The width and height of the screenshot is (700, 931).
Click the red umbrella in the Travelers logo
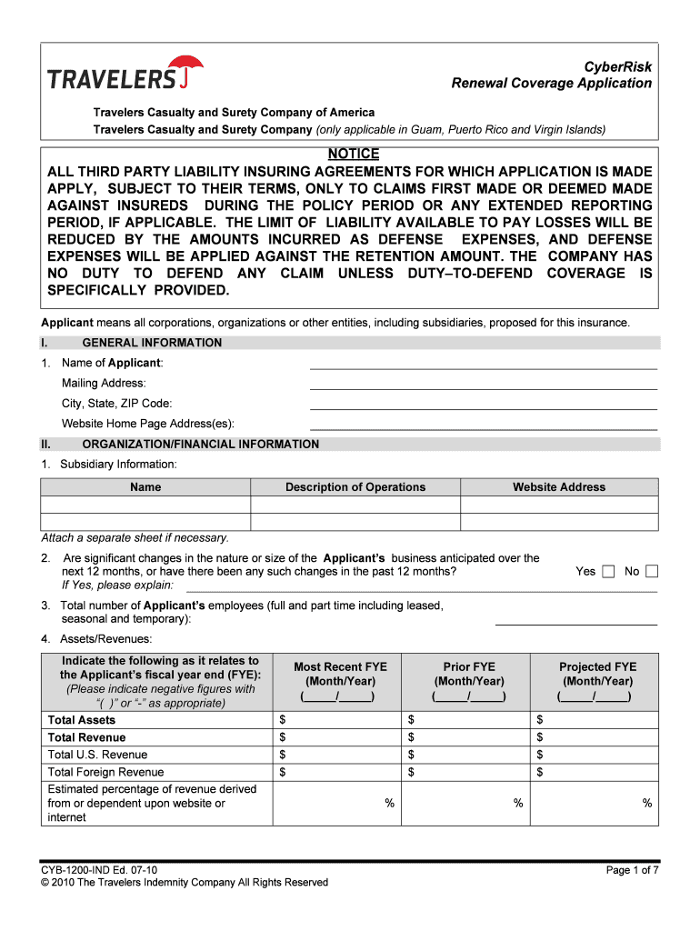(x=190, y=68)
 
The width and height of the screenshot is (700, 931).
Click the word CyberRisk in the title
(x=617, y=67)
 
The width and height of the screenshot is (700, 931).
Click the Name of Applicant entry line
(x=483, y=364)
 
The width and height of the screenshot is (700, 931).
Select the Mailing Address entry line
(x=483, y=384)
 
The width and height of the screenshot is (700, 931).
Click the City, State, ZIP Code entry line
(x=483, y=404)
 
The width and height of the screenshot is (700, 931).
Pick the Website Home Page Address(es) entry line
(x=483, y=424)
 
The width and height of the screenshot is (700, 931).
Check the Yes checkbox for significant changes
(x=609, y=572)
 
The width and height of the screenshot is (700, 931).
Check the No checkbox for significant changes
(x=652, y=572)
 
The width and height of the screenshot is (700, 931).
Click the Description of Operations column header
(x=355, y=487)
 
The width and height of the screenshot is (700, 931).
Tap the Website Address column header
(x=558, y=487)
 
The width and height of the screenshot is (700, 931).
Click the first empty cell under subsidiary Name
(x=145, y=505)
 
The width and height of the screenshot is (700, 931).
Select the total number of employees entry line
(x=575, y=619)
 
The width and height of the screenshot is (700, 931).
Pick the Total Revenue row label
(x=86, y=737)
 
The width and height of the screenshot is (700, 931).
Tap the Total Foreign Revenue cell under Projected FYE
(x=595, y=773)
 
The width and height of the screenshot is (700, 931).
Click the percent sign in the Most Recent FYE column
(x=389, y=804)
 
